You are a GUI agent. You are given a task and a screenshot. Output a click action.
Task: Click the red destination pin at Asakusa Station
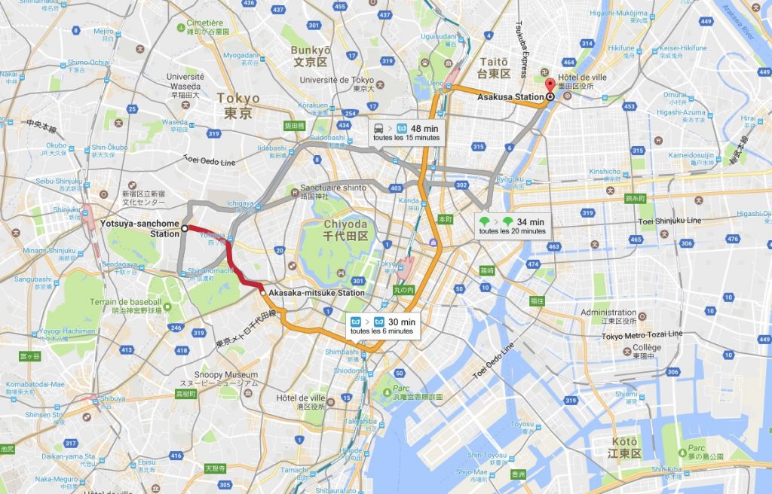point(550,85)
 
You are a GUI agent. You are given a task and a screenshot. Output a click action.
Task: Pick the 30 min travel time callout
point(384,326)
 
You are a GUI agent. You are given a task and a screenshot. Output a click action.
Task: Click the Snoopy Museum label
point(232,375)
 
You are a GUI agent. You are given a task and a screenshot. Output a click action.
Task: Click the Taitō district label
point(494,67)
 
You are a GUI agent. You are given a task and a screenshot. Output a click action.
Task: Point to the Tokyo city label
point(237,105)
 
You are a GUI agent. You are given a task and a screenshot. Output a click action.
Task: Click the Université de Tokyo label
point(336,80)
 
